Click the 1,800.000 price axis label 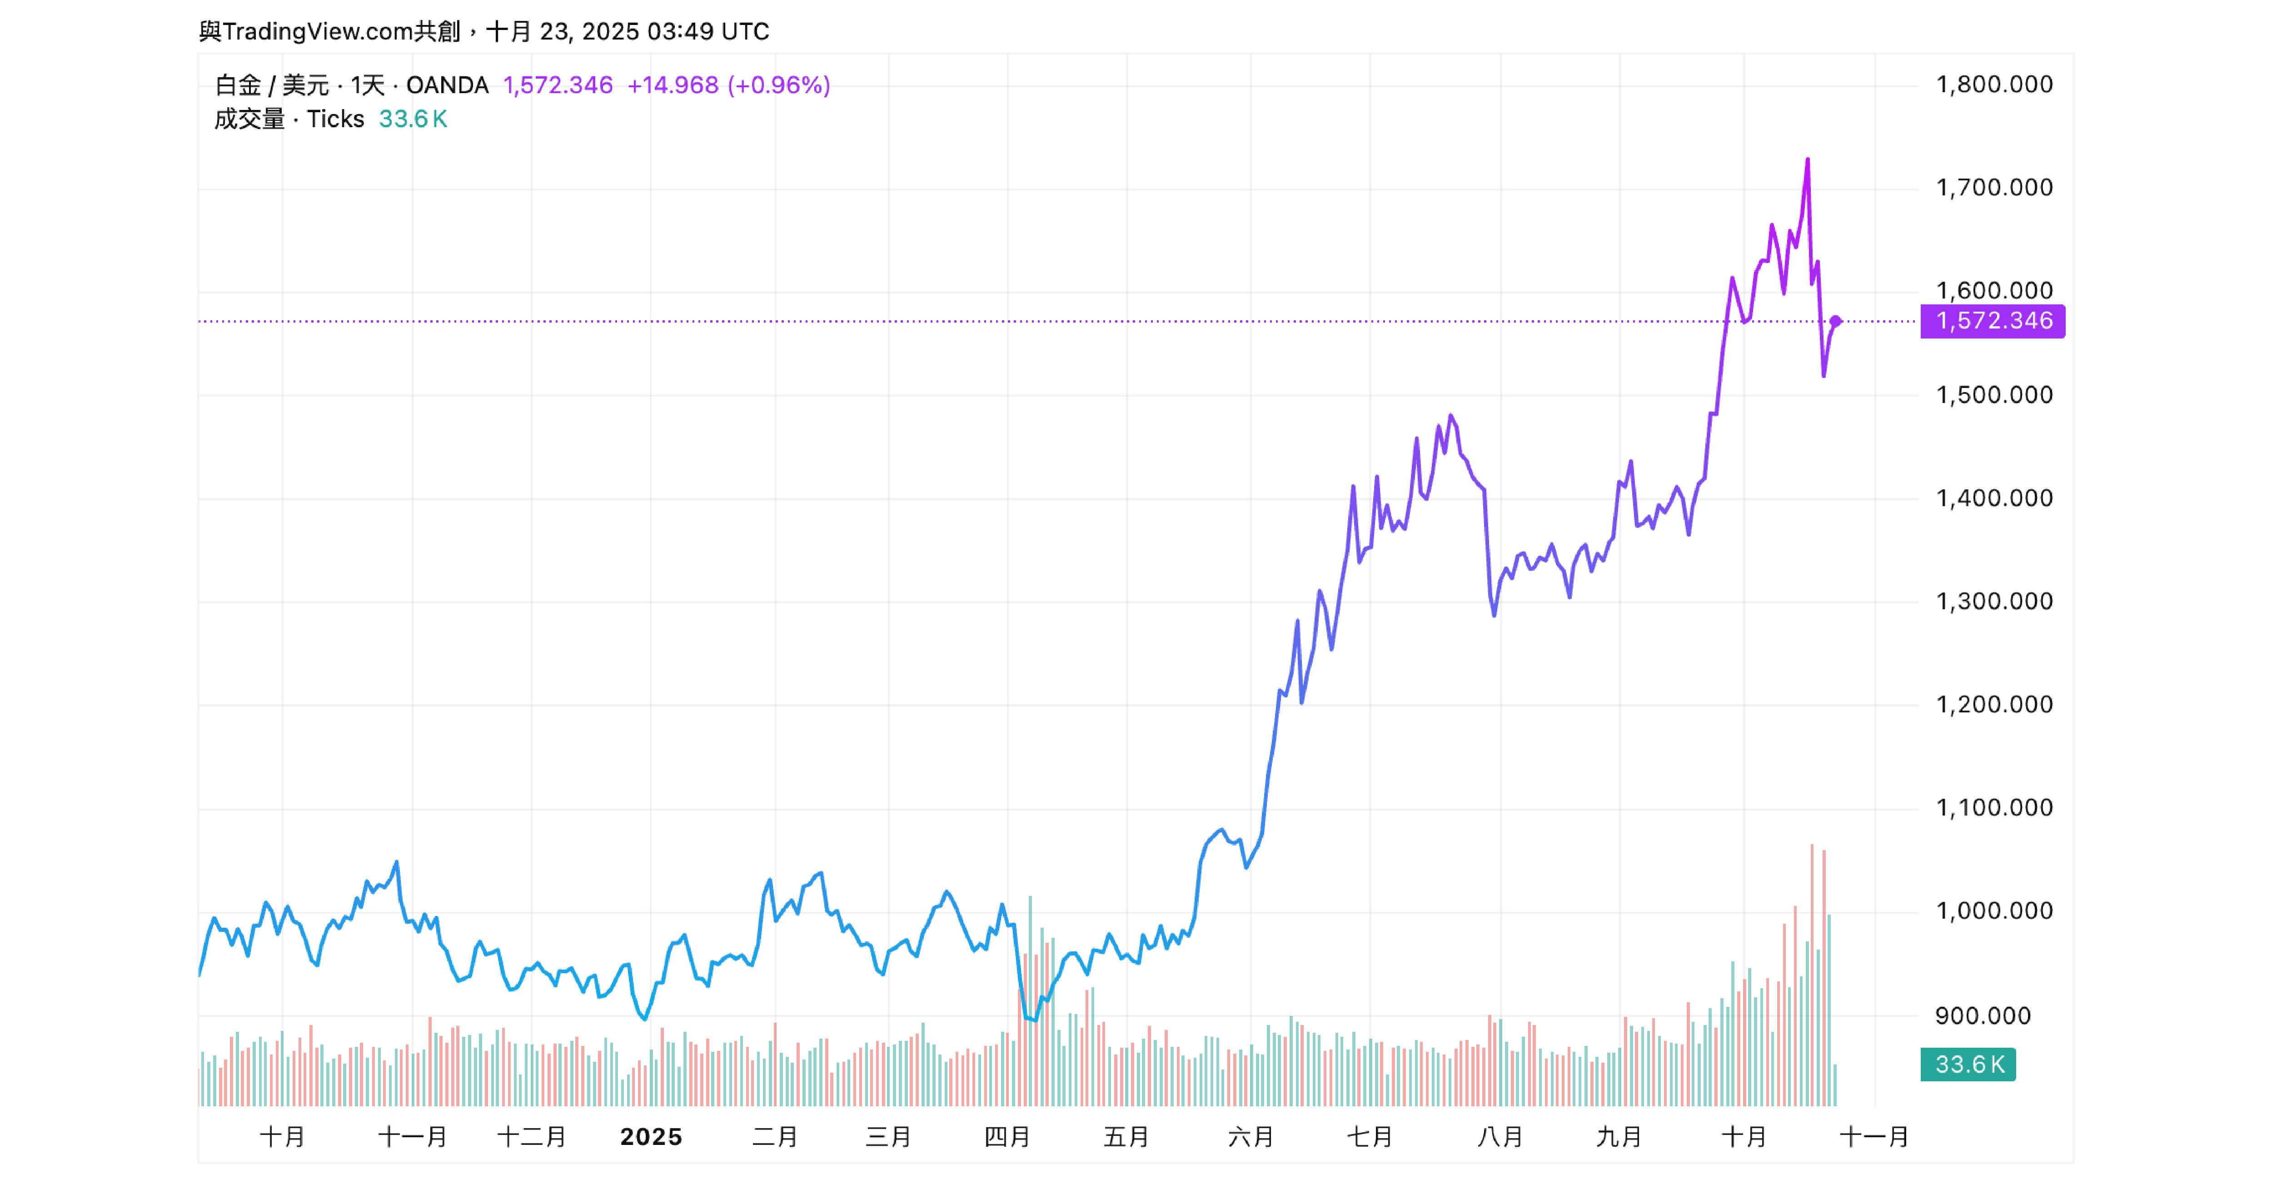tap(1993, 85)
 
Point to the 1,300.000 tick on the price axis tap(1993, 602)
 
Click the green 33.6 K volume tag tap(1968, 1065)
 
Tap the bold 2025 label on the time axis tap(651, 1137)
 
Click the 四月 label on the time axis tap(1007, 1137)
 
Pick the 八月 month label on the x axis tap(1500, 1137)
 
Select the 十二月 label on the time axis tap(532, 1137)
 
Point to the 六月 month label tap(1251, 1137)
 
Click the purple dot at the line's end tap(1835, 321)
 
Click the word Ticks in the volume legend tap(335, 119)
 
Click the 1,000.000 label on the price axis tap(1993, 911)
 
